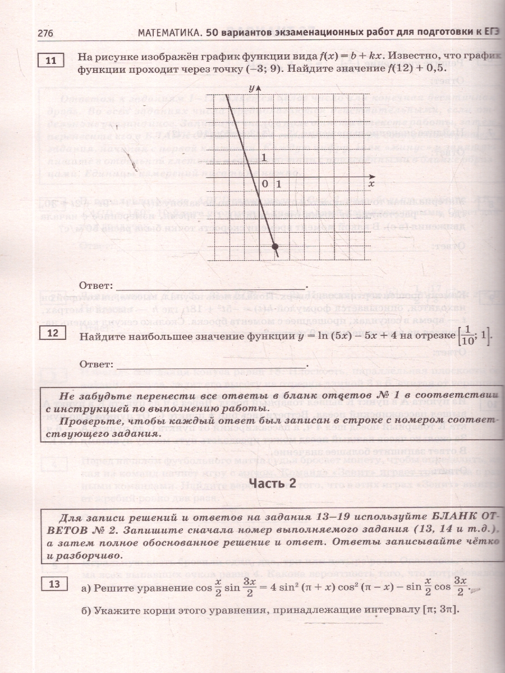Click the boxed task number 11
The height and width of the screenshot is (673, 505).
click(x=51, y=59)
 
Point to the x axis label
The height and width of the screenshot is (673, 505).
click(x=371, y=183)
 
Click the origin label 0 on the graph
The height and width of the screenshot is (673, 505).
click(x=265, y=184)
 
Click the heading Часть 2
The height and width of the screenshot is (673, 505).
click(x=272, y=484)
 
